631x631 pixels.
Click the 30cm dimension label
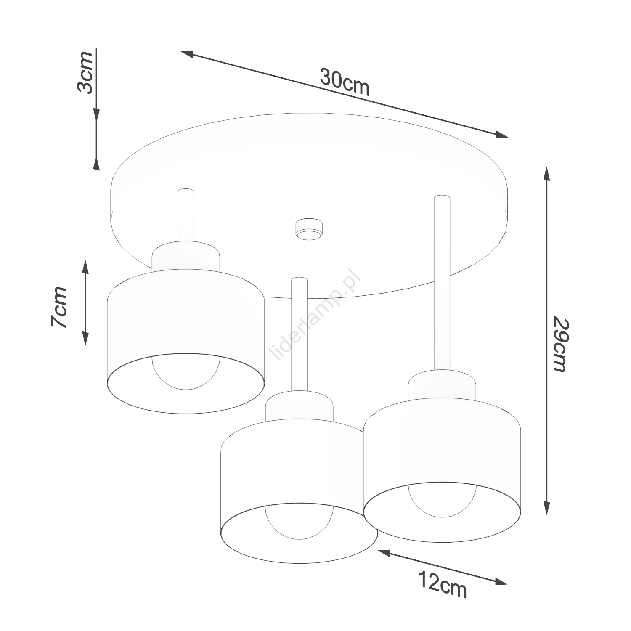click(345, 82)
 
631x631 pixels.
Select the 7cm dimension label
click(59, 307)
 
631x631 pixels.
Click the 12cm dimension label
click(443, 584)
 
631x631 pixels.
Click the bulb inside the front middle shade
click(299, 522)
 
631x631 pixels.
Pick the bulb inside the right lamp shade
click(442, 501)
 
